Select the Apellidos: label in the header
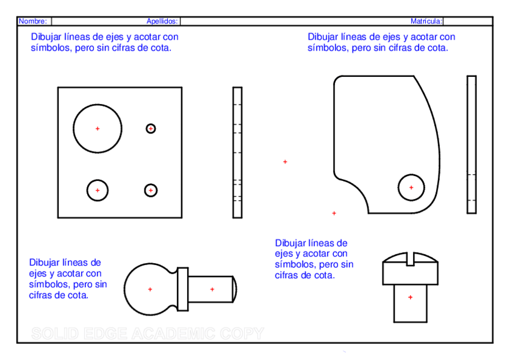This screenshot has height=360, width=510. [x=162, y=21]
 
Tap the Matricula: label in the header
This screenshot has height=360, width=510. [x=426, y=21]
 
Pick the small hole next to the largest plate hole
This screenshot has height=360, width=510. [x=151, y=129]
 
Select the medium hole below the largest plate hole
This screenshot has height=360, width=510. [x=97, y=191]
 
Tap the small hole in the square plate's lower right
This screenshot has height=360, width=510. [x=151, y=191]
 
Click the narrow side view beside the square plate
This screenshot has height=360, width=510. [x=238, y=153]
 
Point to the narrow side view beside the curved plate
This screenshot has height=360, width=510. [x=472, y=144]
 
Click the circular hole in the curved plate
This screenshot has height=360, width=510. [x=411, y=188]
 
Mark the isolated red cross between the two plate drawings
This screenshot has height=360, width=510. [x=285, y=162]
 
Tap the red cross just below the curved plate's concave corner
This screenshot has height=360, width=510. [x=334, y=213]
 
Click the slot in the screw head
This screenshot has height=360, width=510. [x=410, y=260]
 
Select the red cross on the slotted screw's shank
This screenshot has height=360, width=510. [x=410, y=297]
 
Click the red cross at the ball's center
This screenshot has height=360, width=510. [x=150, y=290]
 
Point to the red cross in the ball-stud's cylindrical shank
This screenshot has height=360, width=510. [x=212, y=290]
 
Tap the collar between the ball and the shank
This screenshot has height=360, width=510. [x=183, y=289]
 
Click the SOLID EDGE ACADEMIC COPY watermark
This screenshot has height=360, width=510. [x=147, y=334]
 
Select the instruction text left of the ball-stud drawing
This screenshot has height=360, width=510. [x=68, y=279]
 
